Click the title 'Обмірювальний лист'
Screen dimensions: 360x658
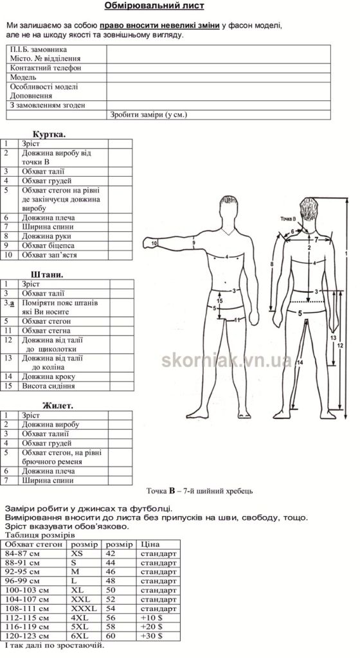click(154, 6)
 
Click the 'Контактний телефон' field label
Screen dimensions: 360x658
click(45, 68)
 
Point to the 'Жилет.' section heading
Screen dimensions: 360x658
click(58, 406)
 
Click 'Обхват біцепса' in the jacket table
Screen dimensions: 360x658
click(48, 245)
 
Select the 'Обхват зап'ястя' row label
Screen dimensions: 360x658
click(50, 254)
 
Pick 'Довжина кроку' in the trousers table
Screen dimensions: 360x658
click(49, 377)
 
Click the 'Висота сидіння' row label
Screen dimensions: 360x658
click(48, 386)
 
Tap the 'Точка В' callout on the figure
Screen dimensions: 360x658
click(289, 219)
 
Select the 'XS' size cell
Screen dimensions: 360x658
click(77, 553)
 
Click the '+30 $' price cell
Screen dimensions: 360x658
click(151, 636)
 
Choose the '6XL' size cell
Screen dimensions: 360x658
click(80, 636)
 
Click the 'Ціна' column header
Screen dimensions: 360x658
click(150, 544)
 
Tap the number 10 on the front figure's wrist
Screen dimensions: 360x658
click(154, 243)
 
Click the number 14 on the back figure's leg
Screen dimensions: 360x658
click(300, 362)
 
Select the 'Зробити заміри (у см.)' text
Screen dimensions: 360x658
click(148, 115)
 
